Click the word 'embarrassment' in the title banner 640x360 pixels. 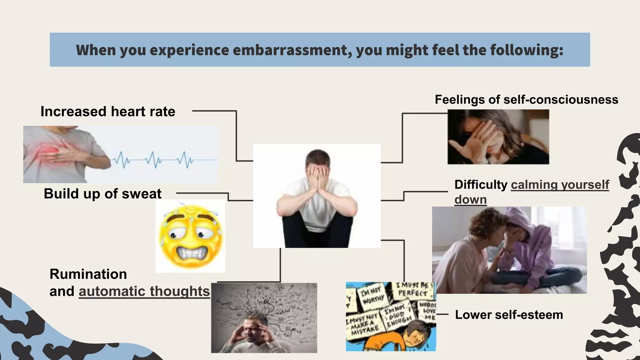click(292, 50)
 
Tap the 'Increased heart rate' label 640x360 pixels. click(108, 112)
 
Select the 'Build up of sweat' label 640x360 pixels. click(102, 194)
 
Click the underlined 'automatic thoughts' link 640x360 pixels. click(144, 291)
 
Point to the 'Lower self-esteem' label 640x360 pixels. click(509, 315)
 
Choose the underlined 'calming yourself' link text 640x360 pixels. click(560, 185)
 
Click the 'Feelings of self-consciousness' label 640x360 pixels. click(526, 100)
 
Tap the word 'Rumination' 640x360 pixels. click(88, 274)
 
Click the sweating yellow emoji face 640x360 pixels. click(190, 236)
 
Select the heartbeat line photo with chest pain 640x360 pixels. click(120, 154)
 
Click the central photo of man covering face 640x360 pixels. click(317, 196)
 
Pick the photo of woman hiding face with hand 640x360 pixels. click(498, 137)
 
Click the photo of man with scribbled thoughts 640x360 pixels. click(264, 318)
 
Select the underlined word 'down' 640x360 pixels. click(470, 200)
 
